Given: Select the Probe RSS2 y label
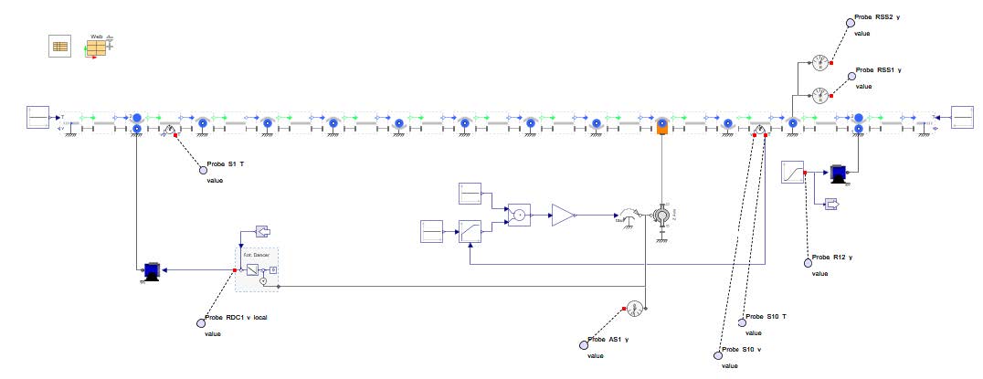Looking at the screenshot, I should point(876,18).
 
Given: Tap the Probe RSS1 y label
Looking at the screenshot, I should point(876,70).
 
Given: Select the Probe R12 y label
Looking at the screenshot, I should point(831,258).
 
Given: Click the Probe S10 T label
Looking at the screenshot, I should point(768,317).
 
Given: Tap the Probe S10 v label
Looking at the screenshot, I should point(742,350).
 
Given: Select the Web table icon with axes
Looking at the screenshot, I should point(97,47).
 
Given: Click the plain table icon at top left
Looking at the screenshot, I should point(59,47).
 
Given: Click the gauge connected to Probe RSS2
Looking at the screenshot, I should point(820,63).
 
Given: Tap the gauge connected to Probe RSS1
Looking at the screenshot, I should point(820,94).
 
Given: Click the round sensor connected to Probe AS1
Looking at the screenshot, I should point(637,309).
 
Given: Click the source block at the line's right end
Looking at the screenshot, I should point(964,117).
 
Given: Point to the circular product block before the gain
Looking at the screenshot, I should point(518,216).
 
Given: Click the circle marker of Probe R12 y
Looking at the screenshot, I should point(808,263).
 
